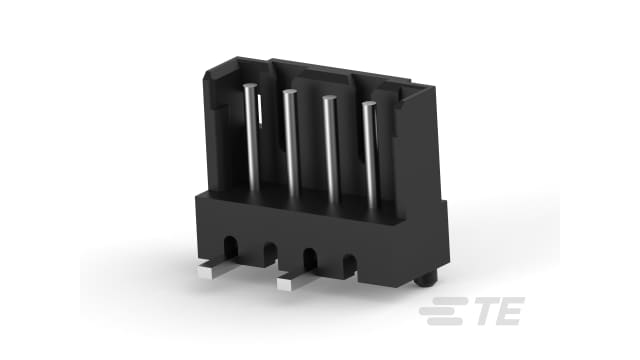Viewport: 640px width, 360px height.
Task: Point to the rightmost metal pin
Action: coord(368,150)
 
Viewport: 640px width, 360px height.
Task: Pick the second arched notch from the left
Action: coord(269,250)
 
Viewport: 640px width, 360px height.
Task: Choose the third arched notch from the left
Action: coord(309,256)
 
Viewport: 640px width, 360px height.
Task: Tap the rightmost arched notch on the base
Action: coord(349,263)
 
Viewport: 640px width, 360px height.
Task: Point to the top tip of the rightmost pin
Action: coord(368,104)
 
